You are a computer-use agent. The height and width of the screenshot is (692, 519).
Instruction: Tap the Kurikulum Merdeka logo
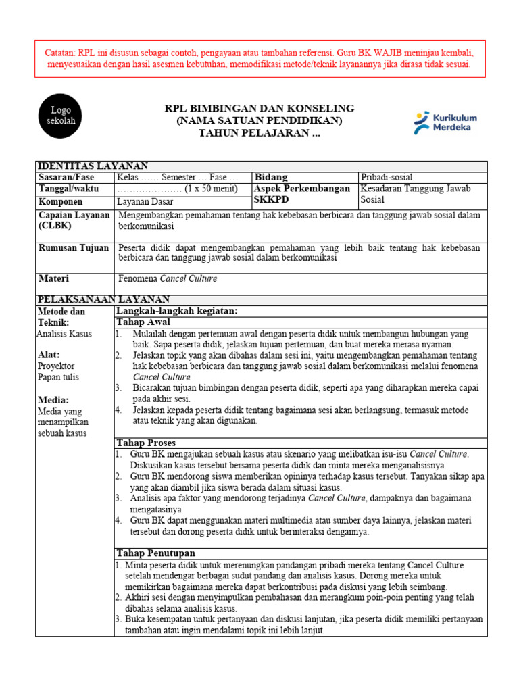coord(445,122)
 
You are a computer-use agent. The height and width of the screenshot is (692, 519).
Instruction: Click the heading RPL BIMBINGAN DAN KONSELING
coord(260,109)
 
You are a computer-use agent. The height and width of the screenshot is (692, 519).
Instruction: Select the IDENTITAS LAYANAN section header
coord(93,166)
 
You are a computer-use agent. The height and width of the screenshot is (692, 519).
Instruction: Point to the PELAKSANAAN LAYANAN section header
coord(104,299)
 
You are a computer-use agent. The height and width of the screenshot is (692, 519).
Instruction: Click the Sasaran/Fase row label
coord(66,177)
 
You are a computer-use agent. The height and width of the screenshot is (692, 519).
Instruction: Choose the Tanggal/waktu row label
coord(69,189)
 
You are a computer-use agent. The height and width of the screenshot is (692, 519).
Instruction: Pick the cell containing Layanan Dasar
coord(145,201)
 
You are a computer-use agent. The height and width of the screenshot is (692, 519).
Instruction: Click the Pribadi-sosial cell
coord(387,177)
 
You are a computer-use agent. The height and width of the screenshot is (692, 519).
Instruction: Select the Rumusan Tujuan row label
coord(73,248)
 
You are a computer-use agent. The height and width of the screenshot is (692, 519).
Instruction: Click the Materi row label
coord(53,278)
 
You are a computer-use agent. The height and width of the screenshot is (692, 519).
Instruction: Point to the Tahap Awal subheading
coord(143,322)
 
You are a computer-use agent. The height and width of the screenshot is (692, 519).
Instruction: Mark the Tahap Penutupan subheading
coord(156,553)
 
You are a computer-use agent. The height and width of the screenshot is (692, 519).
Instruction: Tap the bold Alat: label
coord(49,355)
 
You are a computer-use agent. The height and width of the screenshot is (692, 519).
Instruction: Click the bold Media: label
coord(52,399)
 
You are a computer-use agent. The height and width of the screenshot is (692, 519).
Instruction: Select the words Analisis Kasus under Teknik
coord(64,333)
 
